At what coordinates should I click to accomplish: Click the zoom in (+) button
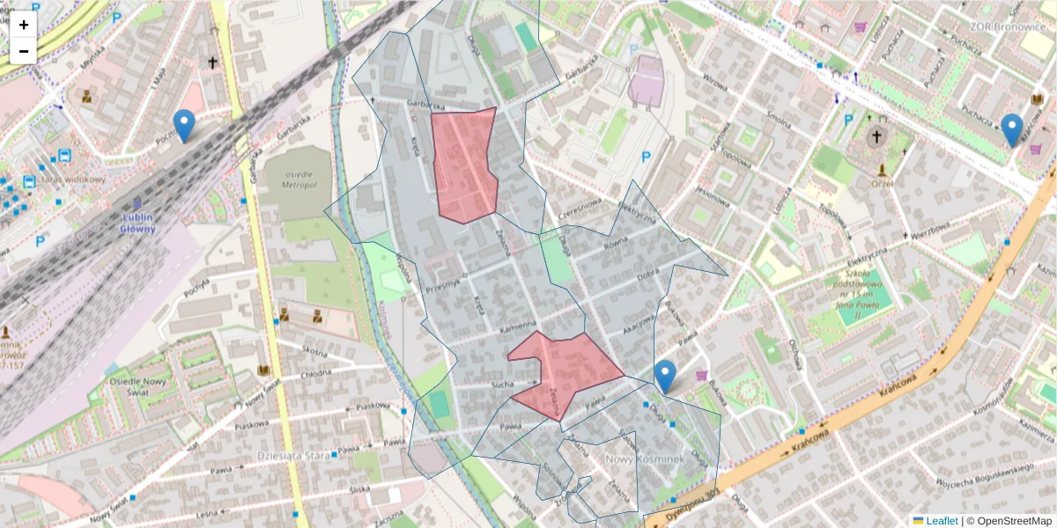(x=24, y=25)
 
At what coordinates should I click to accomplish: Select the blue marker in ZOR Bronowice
(x=1013, y=130)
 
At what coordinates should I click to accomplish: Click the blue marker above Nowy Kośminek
(x=666, y=377)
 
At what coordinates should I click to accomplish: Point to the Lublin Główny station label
(x=137, y=224)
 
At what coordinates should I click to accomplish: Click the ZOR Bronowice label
(x=999, y=26)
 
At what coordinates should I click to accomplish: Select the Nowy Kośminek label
(x=646, y=460)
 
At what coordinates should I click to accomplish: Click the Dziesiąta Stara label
(x=287, y=455)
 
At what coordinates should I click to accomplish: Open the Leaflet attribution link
(x=941, y=521)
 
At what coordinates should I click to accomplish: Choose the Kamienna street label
(x=519, y=326)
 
